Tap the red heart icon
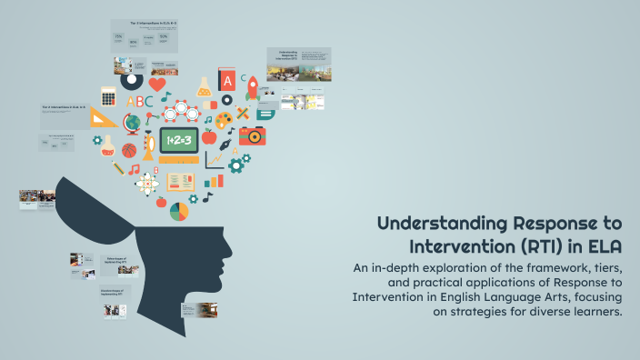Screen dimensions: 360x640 coord(157,85)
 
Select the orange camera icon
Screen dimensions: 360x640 coord(252,136)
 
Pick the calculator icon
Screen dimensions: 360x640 coord(109,96)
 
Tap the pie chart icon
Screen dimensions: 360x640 coord(180,211)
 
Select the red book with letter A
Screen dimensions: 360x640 coord(227,80)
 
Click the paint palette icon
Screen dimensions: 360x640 coord(224,120)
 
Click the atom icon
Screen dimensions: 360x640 coord(147,184)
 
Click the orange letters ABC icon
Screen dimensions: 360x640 coord(139,102)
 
